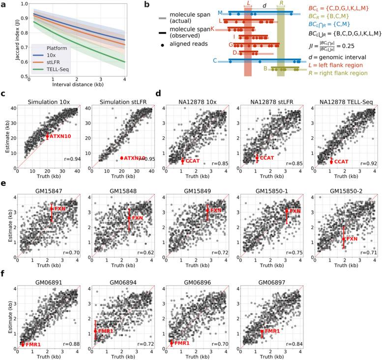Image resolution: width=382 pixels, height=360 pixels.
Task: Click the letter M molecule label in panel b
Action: pyautogui.click(x=219, y=12)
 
